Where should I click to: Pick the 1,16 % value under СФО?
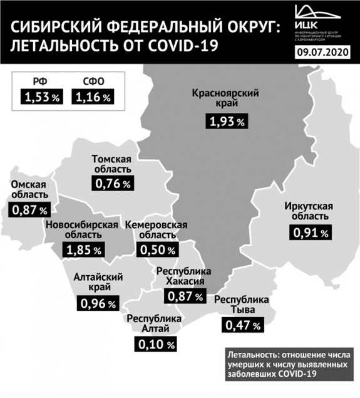click(x=93, y=97)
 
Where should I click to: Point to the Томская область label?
click(x=111, y=165)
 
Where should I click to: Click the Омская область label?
click(x=29, y=191)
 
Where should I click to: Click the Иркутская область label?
click(x=307, y=213)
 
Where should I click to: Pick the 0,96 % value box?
click(x=98, y=304)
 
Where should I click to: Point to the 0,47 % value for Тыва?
click(x=241, y=325)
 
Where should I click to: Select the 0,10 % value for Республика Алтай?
click(x=155, y=343)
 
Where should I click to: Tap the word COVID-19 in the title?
click(x=187, y=46)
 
